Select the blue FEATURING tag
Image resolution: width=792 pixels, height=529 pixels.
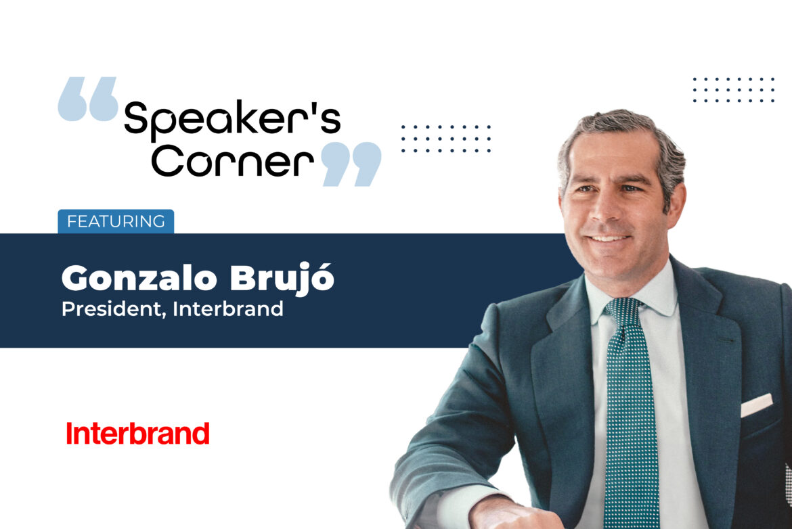click(x=116, y=221)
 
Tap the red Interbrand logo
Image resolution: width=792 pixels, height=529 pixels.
click(x=137, y=434)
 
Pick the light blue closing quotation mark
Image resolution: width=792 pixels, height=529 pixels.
click(x=351, y=164)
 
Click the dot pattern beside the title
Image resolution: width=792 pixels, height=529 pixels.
click(x=445, y=139)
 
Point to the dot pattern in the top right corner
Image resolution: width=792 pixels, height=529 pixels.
click(x=733, y=90)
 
